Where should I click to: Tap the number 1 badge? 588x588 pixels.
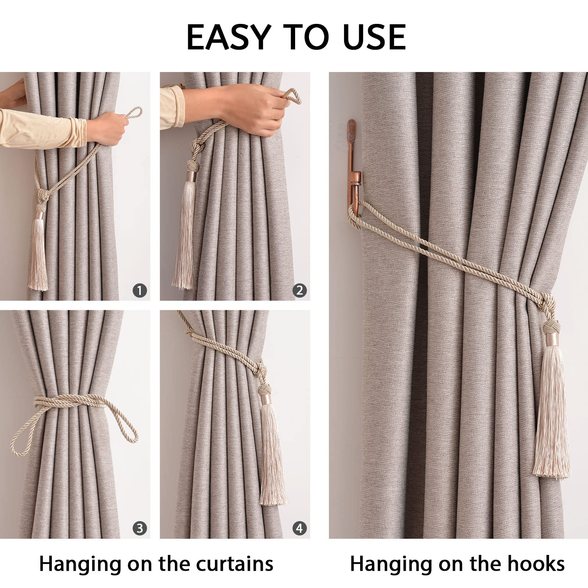(140, 291)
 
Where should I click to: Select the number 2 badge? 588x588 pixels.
(300, 291)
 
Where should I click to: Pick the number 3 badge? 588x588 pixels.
(140, 528)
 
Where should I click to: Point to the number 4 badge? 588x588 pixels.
(300, 528)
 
